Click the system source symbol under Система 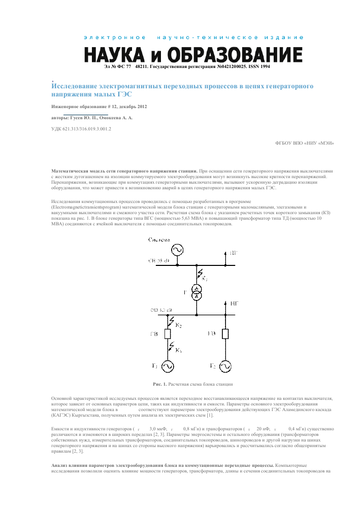[x=177, y=250]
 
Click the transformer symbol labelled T [x=197, y=291]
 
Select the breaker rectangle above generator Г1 [x=168, y=333]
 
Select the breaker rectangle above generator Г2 [x=223, y=333]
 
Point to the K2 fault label [x=179, y=324]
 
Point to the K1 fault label [x=178, y=351]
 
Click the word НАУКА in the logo [x=114, y=54]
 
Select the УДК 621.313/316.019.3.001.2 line [x=81, y=129]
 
